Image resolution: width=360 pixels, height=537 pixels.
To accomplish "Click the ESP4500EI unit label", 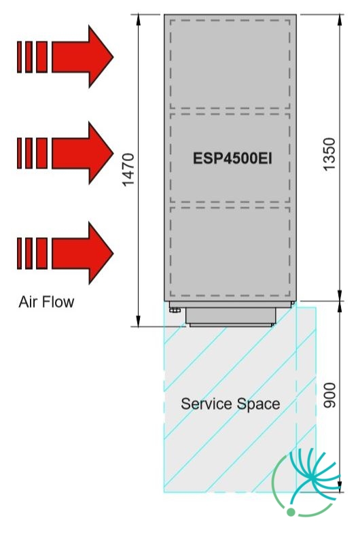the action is click(x=232, y=158).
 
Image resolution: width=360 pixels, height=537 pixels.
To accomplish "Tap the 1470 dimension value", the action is click(x=128, y=170).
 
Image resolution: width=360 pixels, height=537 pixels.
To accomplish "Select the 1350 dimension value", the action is click(x=329, y=154).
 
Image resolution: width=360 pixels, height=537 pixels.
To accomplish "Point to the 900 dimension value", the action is click(x=329, y=396).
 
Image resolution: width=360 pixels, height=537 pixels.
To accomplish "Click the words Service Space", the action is click(x=230, y=404).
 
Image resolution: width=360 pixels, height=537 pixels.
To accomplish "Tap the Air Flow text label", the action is click(x=46, y=302).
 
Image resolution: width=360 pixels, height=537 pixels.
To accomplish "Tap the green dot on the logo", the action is click(x=291, y=512).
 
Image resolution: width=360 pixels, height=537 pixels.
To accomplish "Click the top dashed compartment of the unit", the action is click(x=230, y=65).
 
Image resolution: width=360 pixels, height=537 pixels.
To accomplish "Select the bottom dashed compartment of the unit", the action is click(x=230, y=252).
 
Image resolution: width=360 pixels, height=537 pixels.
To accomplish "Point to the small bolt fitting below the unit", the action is click(x=175, y=310).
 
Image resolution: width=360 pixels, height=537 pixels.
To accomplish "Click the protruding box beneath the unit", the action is click(x=231, y=317).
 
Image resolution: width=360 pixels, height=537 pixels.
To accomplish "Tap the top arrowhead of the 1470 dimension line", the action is click(x=139, y=20).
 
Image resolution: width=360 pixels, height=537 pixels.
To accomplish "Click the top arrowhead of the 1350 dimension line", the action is click(x=340, y=20).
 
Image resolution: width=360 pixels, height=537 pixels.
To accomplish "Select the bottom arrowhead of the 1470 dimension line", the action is click(x=139, y=322).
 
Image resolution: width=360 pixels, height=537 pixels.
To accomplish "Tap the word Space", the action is click(x=258, y=404).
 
